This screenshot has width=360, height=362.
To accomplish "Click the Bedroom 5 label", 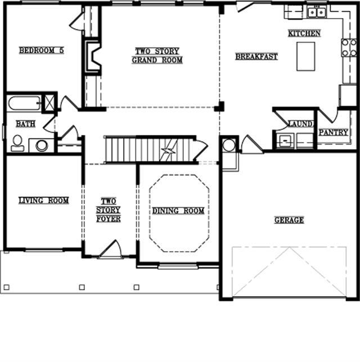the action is (x=42, y=51).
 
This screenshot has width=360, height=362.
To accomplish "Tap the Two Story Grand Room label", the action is (x=157, y=56).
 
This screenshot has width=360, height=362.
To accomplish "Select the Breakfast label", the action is (x=256, y=57).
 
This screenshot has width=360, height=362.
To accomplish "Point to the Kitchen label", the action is (x=304, y=33).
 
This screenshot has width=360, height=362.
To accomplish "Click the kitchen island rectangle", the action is (x=305, y=56).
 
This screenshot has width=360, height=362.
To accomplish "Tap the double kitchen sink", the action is (x=317, y=12).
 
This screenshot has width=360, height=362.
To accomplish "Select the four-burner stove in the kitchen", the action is (x=349, y=48).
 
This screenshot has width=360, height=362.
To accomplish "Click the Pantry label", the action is (x=334, y=132).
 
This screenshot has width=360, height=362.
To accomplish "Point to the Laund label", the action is (x=300, y=124).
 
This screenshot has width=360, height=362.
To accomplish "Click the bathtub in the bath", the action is (x=24, y=103).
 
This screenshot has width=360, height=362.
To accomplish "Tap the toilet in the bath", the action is (x=17, y=143).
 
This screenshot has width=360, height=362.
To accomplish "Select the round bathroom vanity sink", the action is (x=42, y=146).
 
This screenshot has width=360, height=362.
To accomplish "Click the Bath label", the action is (x=26, y=124).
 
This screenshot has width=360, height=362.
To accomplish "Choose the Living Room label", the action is (x=44, y=200).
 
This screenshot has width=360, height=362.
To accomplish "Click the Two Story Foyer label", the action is (x=109, y=210).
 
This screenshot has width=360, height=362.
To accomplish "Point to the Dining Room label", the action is (x=178, y=211).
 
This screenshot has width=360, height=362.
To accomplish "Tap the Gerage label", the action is (x=289, y=220).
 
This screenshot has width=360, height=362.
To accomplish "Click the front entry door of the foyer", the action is (x=110, y=250).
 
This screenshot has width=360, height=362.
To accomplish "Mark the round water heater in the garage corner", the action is (x=229, y=145).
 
